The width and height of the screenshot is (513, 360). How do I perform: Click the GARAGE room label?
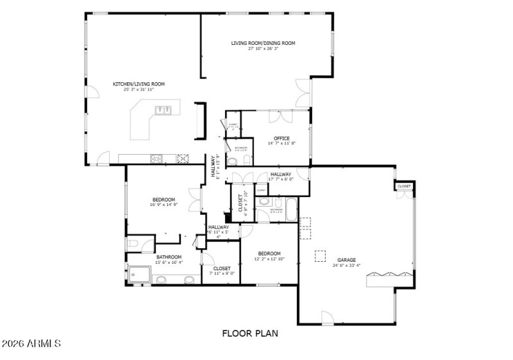coord(346,260)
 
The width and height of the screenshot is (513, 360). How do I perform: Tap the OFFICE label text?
coord(282,139)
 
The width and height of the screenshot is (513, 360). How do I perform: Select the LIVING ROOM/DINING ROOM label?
coord(263,44)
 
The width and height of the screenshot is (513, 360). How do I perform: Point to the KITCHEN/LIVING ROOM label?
coord(139,84)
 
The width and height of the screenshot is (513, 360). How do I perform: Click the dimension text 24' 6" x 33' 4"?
coord(346,266)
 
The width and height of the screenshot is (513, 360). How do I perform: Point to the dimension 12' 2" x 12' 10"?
coord(269,259)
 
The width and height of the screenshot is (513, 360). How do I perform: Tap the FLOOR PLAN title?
coord(250,334)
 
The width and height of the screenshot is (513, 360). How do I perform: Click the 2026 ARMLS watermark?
coord(31,344)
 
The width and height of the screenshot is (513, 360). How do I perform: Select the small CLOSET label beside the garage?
coord(404,186)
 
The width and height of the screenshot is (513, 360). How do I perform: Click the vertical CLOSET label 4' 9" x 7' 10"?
coord(242,201)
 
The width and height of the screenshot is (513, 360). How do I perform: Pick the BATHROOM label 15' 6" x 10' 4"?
coord(169,257)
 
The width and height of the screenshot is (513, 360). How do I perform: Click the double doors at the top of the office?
coord(278,116)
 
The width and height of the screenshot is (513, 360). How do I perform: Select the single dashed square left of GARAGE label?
coord(319,255)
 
